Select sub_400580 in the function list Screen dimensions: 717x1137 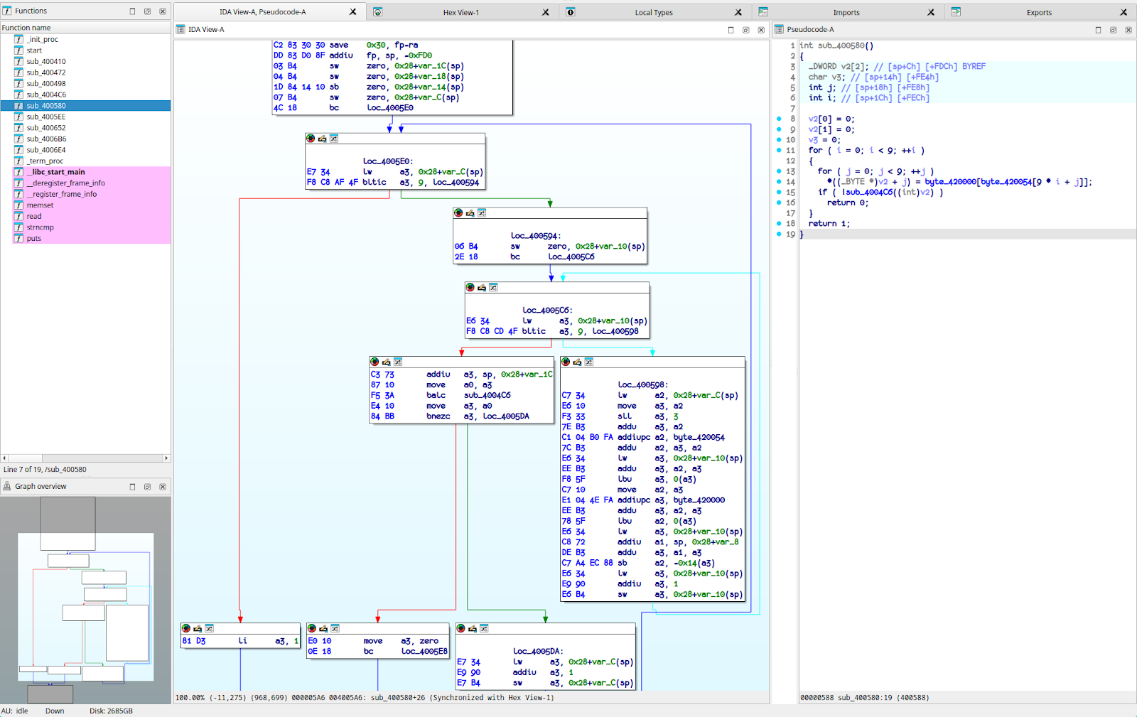(x=46, y=106)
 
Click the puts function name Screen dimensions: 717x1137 (x=34, y=239)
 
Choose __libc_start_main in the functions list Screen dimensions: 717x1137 (x=55, y=172)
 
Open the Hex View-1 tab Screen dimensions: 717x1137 (x=460, y=12)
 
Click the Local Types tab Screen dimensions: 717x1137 (x=653, y=12)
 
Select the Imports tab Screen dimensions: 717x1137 (x=846, y=12)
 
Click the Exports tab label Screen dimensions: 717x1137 (x=1038, y=12)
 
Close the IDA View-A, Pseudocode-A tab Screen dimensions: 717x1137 (x=353, y=12)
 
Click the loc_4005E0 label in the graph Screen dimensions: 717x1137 (x=387, y=161)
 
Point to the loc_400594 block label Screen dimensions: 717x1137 (x=535, y=236)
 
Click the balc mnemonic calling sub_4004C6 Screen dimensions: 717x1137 (x=436, y=395)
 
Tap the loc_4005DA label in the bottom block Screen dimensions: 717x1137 (x=537, y=651)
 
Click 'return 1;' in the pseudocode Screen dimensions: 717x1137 (x=828, y=224)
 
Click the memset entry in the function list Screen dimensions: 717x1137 (x=40, y=205)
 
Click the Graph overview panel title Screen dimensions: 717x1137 (x=41, y=487)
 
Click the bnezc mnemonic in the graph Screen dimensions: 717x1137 (x=438, y=416)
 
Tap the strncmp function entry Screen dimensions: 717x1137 (x=40, y=227)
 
